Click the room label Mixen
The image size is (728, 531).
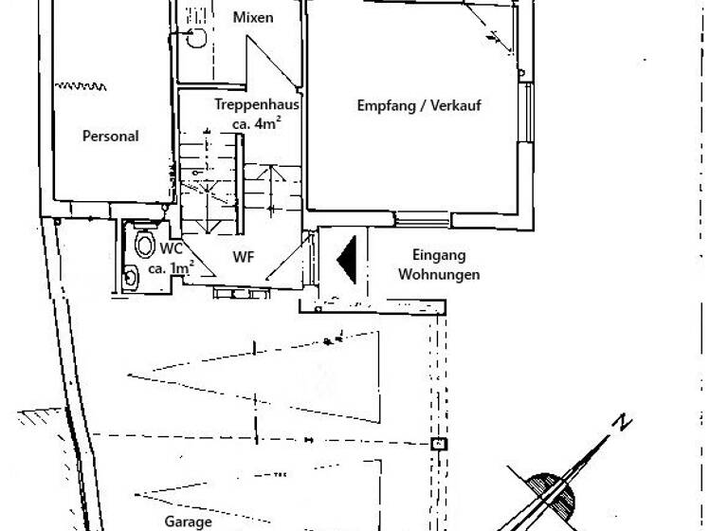(x=252, y=18)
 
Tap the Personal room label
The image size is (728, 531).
(x=111, y=137)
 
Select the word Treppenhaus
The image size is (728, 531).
(x=257, y=104)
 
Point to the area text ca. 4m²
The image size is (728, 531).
(x=257, y=123)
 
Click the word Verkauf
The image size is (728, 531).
(x=456, y=105)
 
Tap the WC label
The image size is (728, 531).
(x=171, y=248)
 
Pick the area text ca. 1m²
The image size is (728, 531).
(x=171, y=268)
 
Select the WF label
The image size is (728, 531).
(x=244, y=257)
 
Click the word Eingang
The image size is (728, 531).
(x=439, y=255)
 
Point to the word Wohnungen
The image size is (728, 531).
(x=439, y=274)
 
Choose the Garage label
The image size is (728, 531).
(x=188, y=522)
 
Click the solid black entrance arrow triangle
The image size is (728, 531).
(x=349, y=260)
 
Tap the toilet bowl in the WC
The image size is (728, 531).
(x=145, y=244)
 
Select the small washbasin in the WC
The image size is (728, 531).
(x=131, y=277)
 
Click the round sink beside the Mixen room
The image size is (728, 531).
(x=196, y=38)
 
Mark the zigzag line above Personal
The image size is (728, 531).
(x=81, y=86)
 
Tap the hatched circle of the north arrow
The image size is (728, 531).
(x=549, y=497)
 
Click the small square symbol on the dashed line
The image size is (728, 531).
(x=438, y=444)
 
